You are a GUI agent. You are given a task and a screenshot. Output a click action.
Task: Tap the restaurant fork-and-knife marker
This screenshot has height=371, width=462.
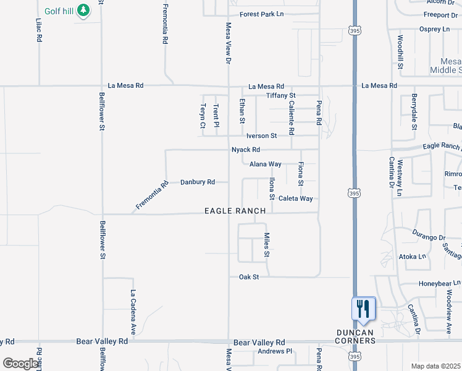coord(363,308)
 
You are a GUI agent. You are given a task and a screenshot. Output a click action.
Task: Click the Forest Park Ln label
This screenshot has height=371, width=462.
coord(262,14)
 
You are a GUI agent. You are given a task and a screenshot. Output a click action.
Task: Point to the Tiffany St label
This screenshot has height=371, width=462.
coord(281,96)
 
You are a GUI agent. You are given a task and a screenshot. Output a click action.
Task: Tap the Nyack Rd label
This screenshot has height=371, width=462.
coord(246,150)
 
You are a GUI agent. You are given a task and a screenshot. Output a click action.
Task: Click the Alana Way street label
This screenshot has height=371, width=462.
coord(266,164)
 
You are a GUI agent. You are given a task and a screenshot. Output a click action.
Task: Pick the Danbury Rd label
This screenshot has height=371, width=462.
coord(198,182)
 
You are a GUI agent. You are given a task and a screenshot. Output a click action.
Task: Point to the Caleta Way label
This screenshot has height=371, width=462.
coord(295,198)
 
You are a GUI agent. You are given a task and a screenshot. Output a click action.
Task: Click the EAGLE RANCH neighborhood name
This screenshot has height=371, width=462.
coord(235,211)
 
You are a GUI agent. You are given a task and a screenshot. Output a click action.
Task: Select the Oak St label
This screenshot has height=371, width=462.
coord(249,278)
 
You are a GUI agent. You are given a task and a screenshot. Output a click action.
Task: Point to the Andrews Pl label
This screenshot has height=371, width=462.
coord(274,352)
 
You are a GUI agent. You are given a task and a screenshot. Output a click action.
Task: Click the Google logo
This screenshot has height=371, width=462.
coord(20,364)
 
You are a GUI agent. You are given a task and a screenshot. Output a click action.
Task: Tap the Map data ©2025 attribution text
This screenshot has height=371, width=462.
coord(436,366)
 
